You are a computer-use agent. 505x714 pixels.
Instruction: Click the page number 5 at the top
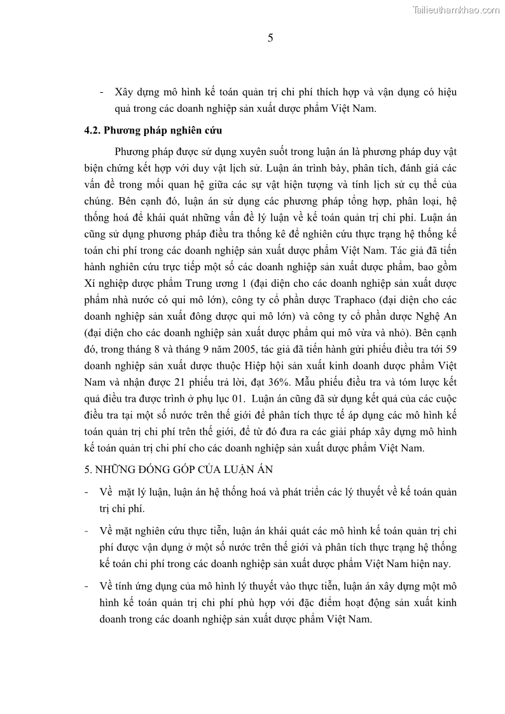tap(270, 38)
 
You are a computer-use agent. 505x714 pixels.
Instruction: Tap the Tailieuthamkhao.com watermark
tap(457, 10)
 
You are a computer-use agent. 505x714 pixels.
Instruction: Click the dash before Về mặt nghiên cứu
tap(86, 531)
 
